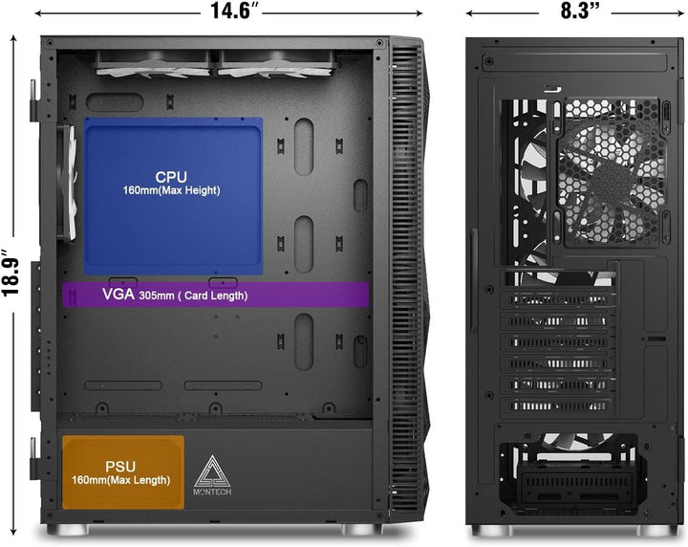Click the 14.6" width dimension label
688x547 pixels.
point(231,11)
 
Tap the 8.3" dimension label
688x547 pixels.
point(575,11)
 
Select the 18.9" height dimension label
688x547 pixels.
point(11,273)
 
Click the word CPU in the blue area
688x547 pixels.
point(171,177)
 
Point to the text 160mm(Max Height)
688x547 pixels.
point(171,190)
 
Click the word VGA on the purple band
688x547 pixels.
point(118,295)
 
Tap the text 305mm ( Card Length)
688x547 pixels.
point(193,295)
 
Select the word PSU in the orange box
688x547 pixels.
point(120,467)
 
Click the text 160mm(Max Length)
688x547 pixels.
point(121,480)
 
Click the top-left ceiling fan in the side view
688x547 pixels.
point(154,64)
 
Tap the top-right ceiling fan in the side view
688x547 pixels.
point(275,64)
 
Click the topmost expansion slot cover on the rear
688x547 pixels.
point(558,300)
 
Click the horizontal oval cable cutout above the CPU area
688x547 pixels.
point(115,102)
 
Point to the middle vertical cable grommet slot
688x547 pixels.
point(304,244)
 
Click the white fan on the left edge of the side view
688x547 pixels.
point(69,183)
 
